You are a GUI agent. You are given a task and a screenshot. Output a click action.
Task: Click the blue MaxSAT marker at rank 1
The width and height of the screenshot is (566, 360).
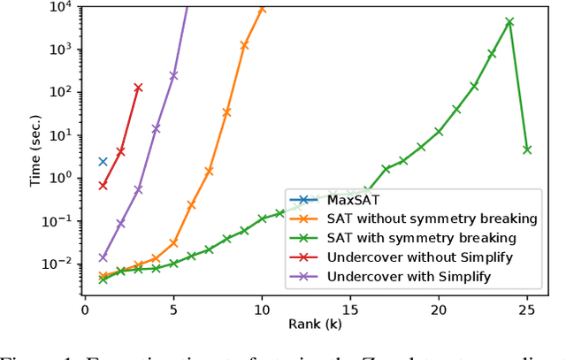(x=103, y=162)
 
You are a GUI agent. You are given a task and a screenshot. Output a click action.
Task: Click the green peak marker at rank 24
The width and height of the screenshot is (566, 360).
(x=509, y=22)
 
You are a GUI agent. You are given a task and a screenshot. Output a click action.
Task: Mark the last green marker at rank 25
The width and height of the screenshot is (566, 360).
(x=527, y=149)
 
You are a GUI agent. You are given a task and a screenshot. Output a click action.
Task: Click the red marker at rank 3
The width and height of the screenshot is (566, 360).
(x=138, y=88)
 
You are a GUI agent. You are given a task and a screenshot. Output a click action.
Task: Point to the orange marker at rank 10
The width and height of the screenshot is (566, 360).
(x=262, y=9)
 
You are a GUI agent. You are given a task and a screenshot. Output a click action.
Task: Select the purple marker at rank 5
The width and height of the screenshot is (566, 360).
(x=173, y=75)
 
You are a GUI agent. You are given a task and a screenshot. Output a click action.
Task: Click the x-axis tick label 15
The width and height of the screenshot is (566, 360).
(x=350, y=309)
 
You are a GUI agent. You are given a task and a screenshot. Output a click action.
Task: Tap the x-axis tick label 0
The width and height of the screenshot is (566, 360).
(x=85, y=309)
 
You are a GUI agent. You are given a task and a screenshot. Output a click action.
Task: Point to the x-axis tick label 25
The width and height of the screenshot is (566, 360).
(x=527, y=309)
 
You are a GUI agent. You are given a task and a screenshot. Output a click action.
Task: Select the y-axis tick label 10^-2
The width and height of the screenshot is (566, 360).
(x=57, y=264)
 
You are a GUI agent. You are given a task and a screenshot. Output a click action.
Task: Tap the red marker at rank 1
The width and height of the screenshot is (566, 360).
(x=103, y=186)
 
